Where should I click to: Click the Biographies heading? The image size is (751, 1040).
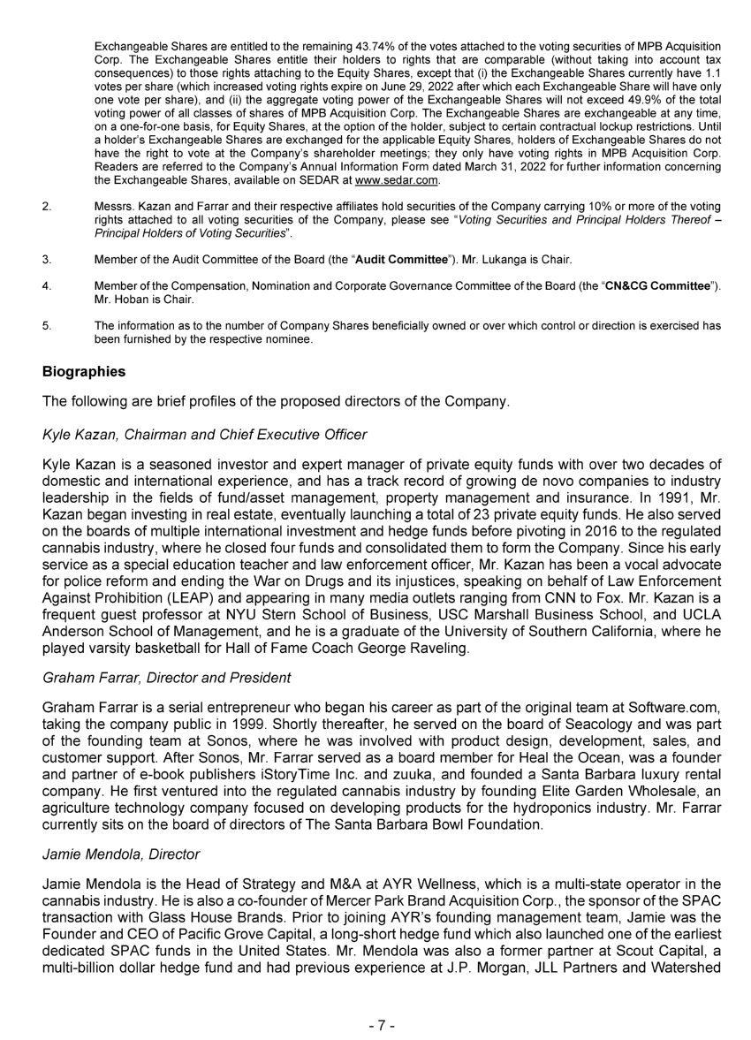click(x=84, y=372)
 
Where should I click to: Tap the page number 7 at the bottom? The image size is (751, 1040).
click(x=381, y=1026)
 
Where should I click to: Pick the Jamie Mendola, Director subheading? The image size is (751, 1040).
click(x=121, y=854)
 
